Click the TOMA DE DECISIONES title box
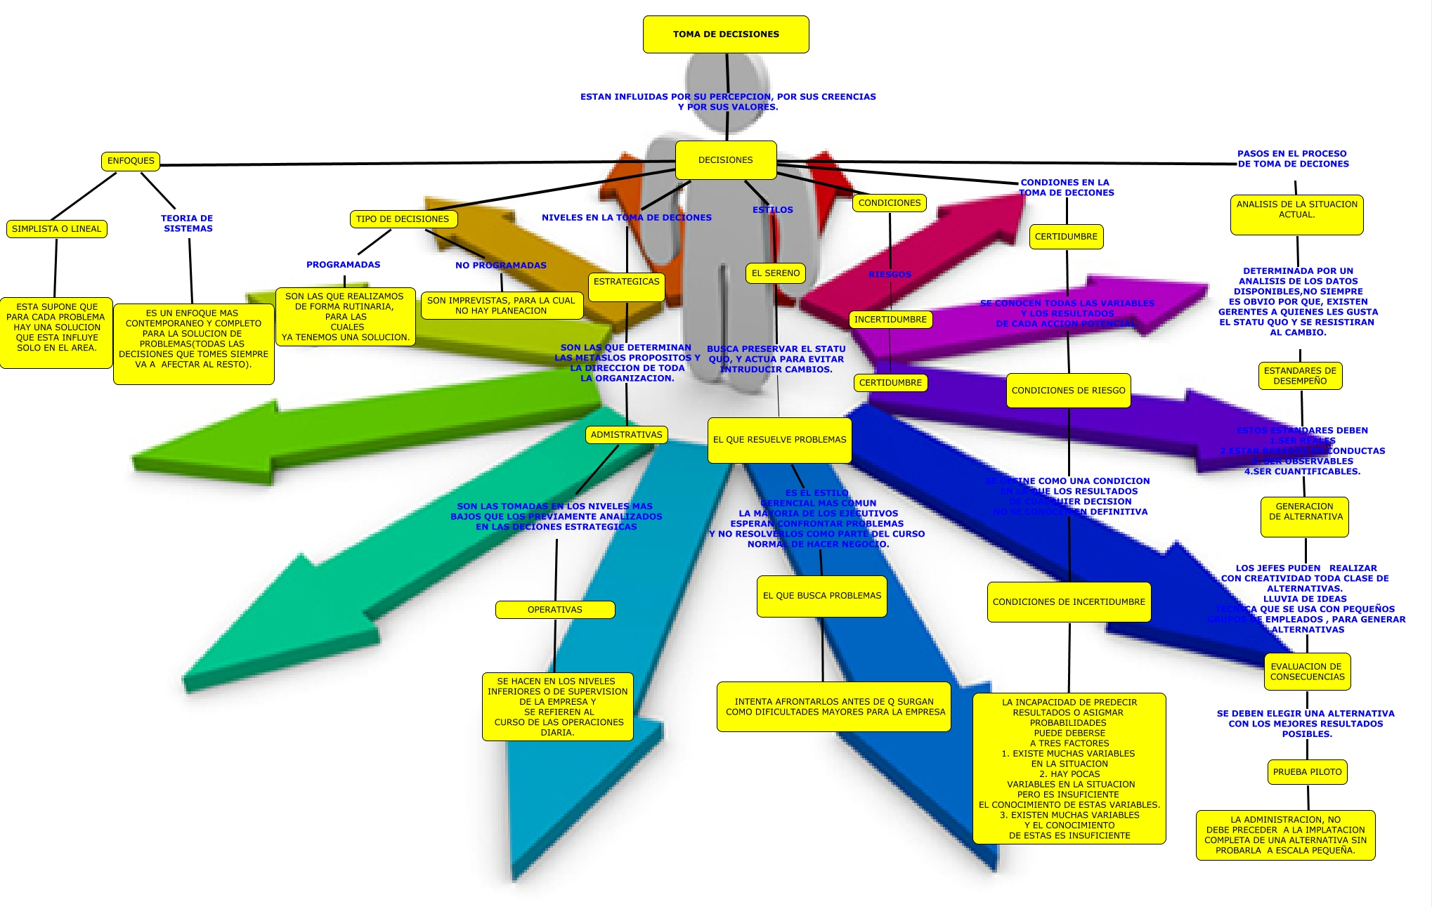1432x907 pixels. (x=726, y=34)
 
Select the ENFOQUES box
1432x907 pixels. (x=131, y=161)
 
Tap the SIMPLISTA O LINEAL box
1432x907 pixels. (x=57, y=229)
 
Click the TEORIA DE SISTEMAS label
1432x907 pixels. (x=187, y=223)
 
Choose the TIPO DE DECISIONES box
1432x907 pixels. (x=403, y=219)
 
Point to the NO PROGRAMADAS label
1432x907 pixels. (x=500, y=266)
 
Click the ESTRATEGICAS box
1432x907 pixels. (x=627, y=282)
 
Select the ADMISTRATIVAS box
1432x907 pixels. (x=626, y=435)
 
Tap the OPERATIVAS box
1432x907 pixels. (x=555, y=610)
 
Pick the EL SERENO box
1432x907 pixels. (x=776, y=273)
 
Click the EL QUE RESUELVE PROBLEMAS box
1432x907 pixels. (x=779, y=440)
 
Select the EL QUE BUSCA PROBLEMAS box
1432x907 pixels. (x=821, y=596)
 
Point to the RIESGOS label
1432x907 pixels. (x=890, y=275)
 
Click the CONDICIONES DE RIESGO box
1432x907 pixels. (x=1068, y=391)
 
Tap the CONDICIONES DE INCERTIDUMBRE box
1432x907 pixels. (x=1069, y=602)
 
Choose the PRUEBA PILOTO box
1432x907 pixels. (x=1307, y=772)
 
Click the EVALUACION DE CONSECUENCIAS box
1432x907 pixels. (x=1307, y=672)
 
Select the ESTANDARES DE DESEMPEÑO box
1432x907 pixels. (x=1300, y=376)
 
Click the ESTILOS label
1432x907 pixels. (x=772, y=210)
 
